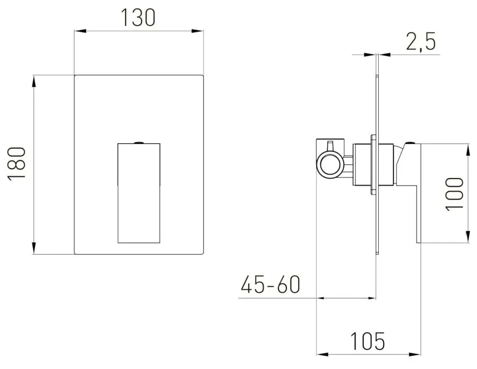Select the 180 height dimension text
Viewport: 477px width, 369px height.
[17, 164]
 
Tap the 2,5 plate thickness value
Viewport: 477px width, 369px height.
[421, 42]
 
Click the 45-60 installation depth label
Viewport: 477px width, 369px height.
[270, 285]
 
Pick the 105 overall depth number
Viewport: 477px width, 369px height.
[367, 342]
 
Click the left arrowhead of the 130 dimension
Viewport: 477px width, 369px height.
[79, 32]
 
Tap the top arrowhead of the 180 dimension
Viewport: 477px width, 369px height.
[34, 80]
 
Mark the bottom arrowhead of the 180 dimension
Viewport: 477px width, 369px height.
[34, 249]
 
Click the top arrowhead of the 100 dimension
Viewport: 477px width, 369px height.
[463, 147]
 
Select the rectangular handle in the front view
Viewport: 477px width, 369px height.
[139, 191]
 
